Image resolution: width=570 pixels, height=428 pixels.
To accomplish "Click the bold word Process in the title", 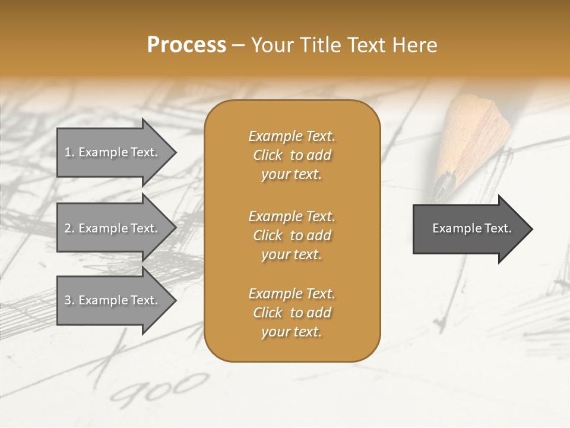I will click(186, 45).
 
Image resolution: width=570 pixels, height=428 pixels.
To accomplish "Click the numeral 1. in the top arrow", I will click(69, 152).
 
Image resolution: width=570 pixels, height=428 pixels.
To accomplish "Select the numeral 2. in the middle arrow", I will click(69, 228).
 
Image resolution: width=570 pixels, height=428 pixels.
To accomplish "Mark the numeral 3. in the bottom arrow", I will click(69, 300).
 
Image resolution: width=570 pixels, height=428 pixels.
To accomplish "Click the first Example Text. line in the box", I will click(292, 136).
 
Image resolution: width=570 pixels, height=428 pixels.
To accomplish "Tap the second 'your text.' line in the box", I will click(292, 254).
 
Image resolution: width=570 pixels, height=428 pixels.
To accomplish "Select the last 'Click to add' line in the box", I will click(292, 313).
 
